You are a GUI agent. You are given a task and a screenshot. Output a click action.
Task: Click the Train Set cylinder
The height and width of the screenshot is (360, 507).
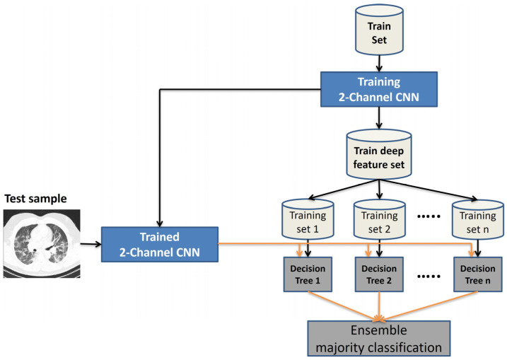379,30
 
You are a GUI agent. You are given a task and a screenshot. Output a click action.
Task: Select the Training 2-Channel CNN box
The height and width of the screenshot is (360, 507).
379,89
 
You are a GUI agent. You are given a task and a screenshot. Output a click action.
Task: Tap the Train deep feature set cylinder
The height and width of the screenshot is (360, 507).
379,154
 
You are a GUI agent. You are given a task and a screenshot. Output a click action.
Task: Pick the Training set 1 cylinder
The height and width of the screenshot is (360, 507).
308,219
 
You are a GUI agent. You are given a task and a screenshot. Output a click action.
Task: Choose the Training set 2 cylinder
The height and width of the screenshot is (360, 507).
380,219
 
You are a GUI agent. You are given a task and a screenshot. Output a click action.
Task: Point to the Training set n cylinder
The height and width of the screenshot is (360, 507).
478,219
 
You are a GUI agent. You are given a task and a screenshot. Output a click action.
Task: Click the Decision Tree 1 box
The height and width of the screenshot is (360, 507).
308,274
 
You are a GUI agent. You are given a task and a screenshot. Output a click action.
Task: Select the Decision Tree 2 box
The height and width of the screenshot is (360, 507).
379,274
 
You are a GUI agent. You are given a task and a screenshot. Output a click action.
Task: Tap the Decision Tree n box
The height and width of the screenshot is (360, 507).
478,274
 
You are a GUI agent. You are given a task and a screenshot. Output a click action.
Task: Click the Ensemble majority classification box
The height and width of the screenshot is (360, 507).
379,338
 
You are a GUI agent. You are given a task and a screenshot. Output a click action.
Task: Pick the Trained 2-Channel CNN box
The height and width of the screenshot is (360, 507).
160,244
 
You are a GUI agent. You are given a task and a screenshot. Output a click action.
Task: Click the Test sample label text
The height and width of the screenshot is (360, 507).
35,198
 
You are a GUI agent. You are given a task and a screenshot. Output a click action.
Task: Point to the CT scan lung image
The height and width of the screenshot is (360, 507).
42,243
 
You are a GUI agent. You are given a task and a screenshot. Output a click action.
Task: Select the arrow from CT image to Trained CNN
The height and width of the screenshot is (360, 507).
91,244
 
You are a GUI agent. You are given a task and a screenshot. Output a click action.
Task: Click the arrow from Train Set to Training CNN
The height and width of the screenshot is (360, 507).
379,64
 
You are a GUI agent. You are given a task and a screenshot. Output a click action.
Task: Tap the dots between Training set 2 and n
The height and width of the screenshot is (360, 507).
429,216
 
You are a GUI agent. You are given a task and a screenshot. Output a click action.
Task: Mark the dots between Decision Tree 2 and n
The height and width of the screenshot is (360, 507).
429,277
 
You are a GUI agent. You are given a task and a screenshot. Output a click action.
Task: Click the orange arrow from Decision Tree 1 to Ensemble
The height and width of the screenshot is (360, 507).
344,306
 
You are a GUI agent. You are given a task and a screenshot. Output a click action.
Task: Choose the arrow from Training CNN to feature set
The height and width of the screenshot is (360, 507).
379,117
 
